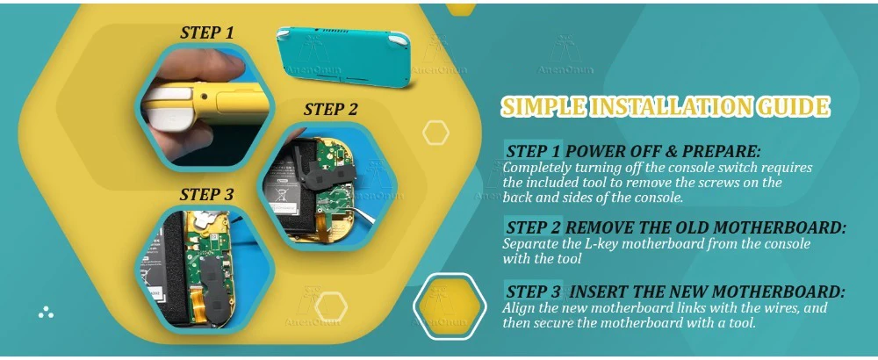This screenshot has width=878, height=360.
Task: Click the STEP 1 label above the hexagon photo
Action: tap(206, 32)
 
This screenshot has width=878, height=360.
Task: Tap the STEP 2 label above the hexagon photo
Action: tap(330, 109)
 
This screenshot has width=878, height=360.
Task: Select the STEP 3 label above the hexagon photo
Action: tap(206, 195)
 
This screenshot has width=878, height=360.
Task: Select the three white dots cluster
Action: tap(46, 313)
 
